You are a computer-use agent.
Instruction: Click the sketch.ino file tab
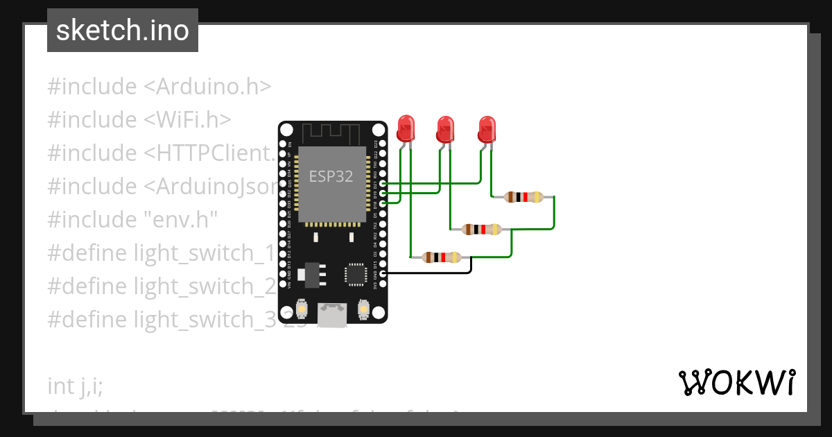pyautogui.click(x=122, y=31)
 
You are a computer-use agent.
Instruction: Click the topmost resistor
pyautogui.click(x=523, y=197)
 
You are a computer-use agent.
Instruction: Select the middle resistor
pyautogui.click(x=482, y=230)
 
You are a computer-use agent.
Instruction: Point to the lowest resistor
pyautogui.click(x=441, y=257)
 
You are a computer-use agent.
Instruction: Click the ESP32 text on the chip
pyautogui.click(x=331, y=176)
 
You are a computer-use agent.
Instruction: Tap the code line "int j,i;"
pyautogui.click(x=76, y=386)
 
